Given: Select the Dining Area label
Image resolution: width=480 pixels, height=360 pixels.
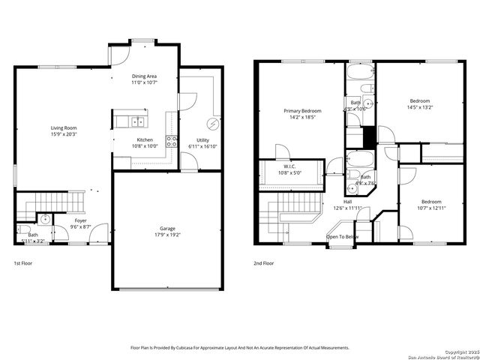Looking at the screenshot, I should pos(145,76).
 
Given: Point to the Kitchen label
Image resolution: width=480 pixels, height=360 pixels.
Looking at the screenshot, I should pos(145,139).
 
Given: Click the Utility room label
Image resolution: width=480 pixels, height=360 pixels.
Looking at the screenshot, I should pos(203,139).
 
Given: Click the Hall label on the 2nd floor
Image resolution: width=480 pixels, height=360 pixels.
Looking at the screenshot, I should pos(348,202).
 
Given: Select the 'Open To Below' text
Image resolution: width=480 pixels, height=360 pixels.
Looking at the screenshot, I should pos(342,236).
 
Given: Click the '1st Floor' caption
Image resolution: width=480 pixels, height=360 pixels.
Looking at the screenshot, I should pos(23,263).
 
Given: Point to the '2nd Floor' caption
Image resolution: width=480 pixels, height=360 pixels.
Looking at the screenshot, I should pos(263,263).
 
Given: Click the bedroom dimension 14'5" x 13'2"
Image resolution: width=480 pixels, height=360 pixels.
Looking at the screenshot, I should pos(420,107).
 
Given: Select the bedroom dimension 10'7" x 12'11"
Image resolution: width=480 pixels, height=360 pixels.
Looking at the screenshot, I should pos(430,208).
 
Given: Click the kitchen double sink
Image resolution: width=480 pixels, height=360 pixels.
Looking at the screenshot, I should pos(138,121).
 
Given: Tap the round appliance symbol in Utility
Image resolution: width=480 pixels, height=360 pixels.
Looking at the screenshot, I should pos(212,124).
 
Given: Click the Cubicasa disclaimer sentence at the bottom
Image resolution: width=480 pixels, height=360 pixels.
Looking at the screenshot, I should pos(240,347).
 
